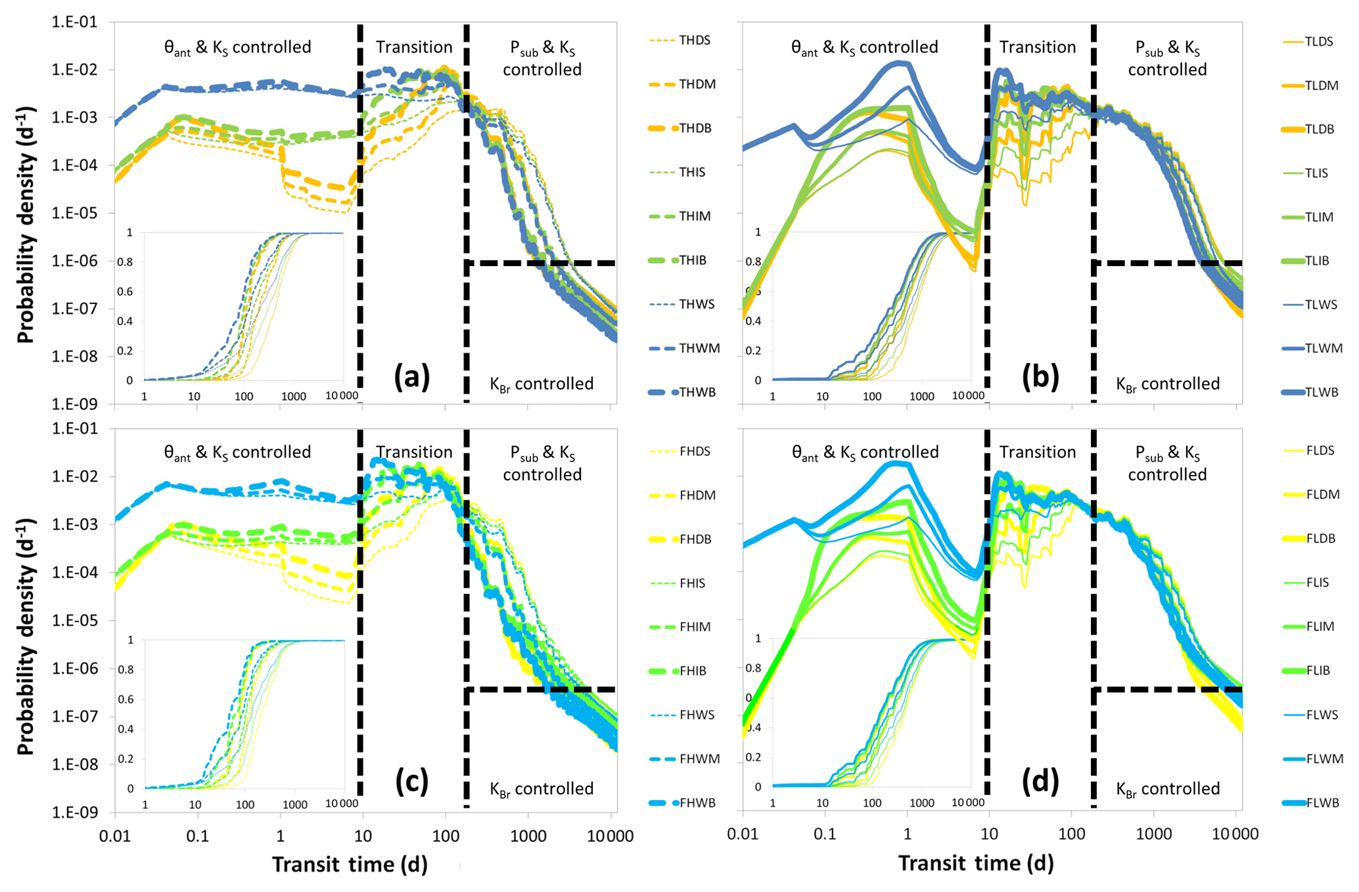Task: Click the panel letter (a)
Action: (x=411, y=377)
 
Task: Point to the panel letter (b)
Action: (x=1040, y=377)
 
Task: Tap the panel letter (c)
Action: (x=411, y=781)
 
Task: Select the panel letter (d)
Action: (x=1040, y=781)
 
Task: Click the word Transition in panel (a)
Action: (x=414, y=47)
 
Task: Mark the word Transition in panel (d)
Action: (x=1038, y=452)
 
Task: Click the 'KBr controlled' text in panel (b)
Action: (x=1168, y=384)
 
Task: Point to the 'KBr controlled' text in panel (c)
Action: (x=541, y=789)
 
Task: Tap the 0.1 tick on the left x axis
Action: (x=197, y=836)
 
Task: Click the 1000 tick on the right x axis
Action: (x=1154, y=834)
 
